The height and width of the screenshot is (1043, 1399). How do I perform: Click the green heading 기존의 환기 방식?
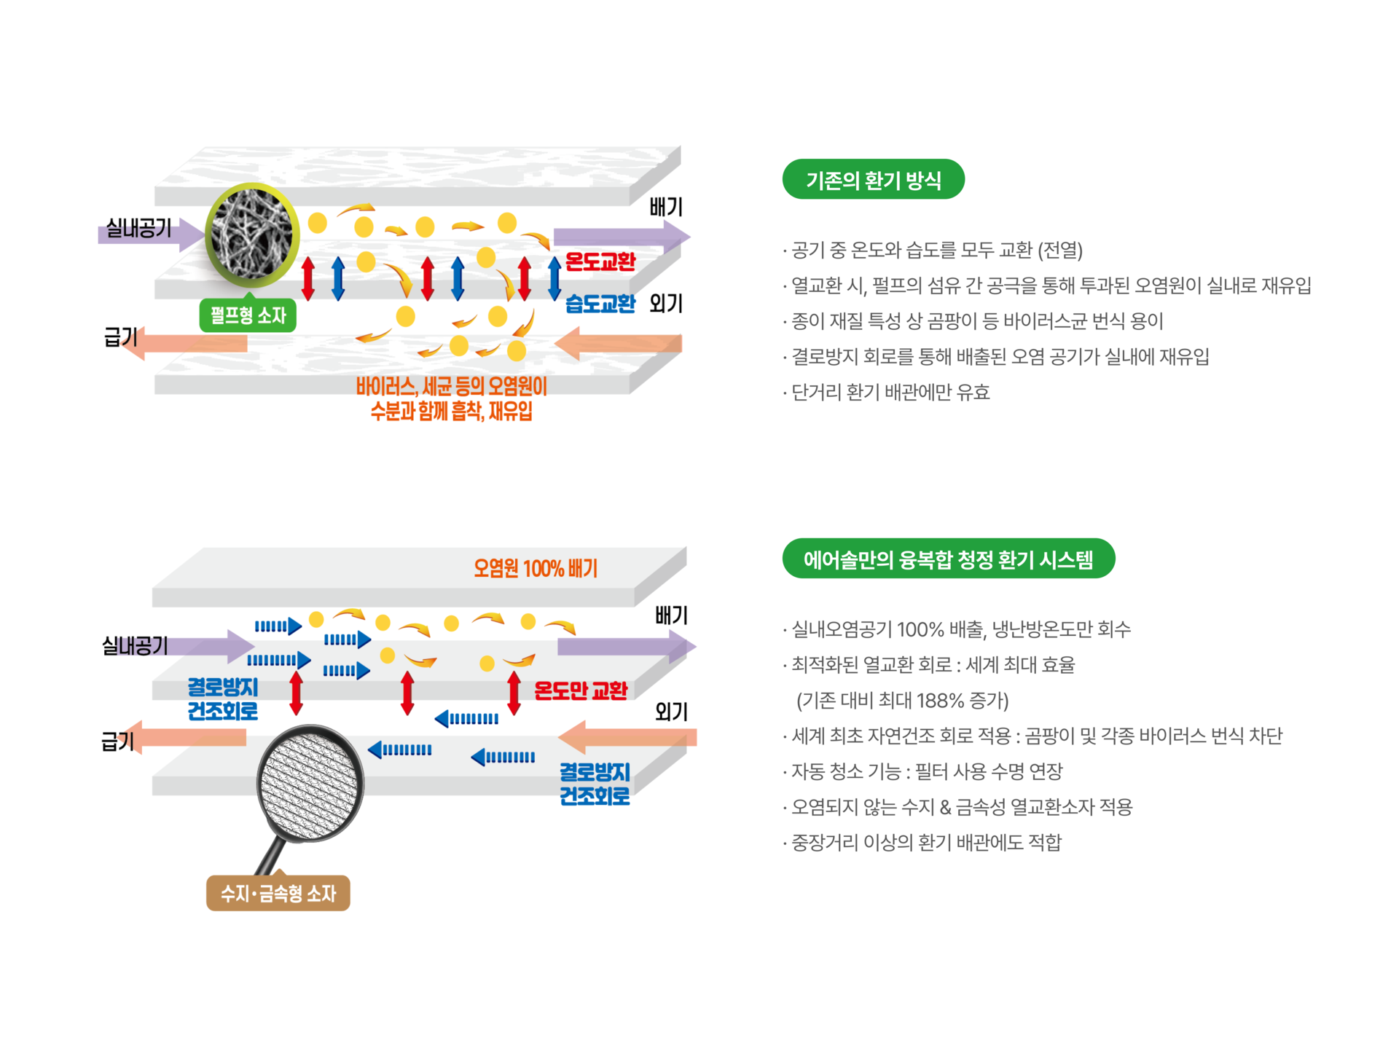click(x=873, y=180)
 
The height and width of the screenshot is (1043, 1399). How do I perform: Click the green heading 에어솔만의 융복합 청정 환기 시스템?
click(x=948, y=559)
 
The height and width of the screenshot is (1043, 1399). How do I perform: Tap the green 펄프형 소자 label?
click(x=248, y=315)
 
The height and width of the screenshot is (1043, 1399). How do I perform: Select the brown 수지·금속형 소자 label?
click(x=278, y=893)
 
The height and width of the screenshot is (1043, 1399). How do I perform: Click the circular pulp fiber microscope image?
click(x=252, y=235)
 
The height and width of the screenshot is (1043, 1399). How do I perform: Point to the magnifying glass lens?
click(x=310, y=783)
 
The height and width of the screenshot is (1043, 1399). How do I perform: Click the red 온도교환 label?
click(x=600, y=261)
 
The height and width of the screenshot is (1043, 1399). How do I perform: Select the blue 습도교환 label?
click(x=600, y=304)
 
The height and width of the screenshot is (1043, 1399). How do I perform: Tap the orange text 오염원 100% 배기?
click(x=536, y=568)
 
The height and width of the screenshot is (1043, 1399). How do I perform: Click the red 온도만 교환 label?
click(x=581, y=690)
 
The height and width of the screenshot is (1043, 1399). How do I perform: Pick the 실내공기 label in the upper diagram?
click(x=138, y=229)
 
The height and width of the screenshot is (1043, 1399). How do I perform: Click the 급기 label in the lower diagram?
click(x=117, y=741)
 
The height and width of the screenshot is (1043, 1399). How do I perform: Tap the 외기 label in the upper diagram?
click(x=665, y=304)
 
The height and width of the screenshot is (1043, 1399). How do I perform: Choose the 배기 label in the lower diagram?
click(x=671, y=616)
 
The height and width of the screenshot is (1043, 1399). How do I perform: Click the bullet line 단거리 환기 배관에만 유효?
click(x=890, y=393)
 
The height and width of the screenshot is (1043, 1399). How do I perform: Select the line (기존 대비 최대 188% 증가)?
click(x=902, y=701)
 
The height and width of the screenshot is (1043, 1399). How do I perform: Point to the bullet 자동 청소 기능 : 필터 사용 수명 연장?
click(x=926, y=771)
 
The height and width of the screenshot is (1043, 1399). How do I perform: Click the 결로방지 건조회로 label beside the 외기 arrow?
click(x=595, y=784)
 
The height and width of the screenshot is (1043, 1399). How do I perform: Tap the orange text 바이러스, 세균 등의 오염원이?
click(x=451, y=386)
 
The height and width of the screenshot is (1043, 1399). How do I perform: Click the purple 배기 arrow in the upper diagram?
click(x=619, y=236)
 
